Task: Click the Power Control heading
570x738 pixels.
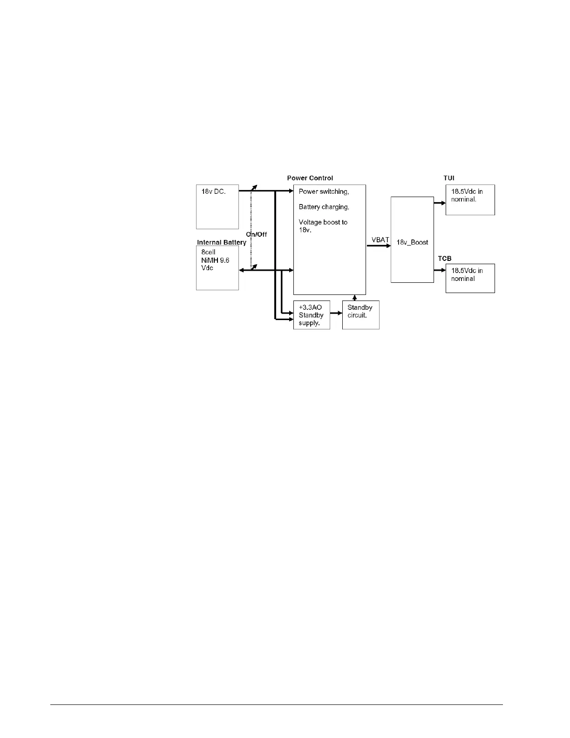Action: point(310,178)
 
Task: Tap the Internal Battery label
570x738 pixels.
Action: point(221,242)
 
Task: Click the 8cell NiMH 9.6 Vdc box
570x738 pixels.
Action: point(217,267)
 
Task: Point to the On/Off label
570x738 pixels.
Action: point(257,234)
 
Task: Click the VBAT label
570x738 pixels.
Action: point(380,239)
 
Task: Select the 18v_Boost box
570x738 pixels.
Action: point(412,239)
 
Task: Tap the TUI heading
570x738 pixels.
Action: point(449,178)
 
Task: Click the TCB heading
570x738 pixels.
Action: point(445,258)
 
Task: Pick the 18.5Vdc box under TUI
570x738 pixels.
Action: point(470,199)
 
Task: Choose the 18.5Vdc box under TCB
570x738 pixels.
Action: point(470,278)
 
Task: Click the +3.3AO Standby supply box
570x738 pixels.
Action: point(312,315)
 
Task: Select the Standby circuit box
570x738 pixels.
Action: point(360,315)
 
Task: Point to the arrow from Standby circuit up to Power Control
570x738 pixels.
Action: point(355,298)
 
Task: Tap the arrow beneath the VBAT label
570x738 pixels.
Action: point(378,246)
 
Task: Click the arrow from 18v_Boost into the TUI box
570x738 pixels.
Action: point(440,203)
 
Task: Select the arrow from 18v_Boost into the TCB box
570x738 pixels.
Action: point(440,270)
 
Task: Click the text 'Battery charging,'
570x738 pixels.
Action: point(324,207)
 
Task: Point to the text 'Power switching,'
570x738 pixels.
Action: point(324,191)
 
